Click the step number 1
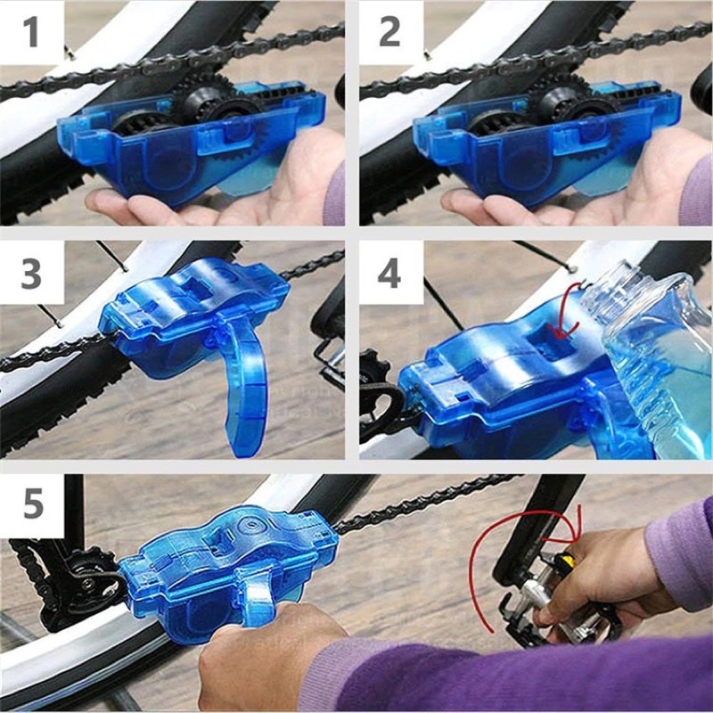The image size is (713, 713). pyautogui.click(x=32, y=34)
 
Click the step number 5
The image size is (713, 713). pyautogui.click(x=32, y=504)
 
